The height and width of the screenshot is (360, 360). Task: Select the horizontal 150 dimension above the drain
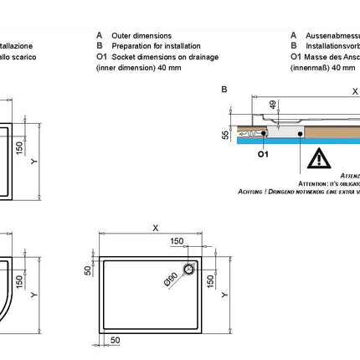tap(177, 241)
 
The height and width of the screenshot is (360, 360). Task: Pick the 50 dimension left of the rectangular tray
tap(86, 270)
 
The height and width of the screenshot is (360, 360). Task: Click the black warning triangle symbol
tap(319, 158)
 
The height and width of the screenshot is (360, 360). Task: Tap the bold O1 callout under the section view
tap(262, 155)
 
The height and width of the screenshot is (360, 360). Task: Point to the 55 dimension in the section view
tap(224, 134)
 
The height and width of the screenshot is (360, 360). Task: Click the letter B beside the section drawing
tap(224, 89)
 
